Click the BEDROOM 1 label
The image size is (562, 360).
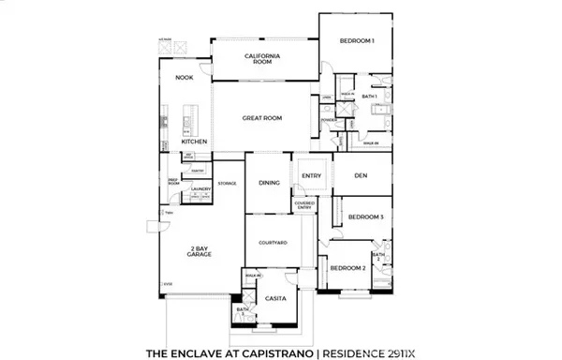coord(358,41)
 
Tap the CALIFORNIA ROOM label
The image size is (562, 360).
coord(264,61)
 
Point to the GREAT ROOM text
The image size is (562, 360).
coord(262,118)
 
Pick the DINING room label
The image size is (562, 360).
coord(268,184)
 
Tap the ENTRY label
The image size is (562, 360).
coord(311,175)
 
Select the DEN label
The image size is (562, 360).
coord(360,174)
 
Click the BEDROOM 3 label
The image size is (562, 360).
coord(366,217)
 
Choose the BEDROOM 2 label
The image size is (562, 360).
coord(348,268)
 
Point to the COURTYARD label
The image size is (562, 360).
coord(272,243)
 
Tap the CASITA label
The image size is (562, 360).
coord(275,298)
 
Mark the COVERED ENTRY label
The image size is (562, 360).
coord(304,204)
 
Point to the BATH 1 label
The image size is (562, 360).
coord(369,96)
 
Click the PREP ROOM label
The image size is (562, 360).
coord(173,183)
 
